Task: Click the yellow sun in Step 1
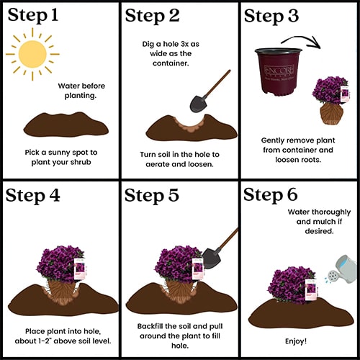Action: [x=32, y=54]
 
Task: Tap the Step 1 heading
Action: [x=33, y=16]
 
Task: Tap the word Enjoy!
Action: [x=296, y=341]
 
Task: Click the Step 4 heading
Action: [x=33, y=196]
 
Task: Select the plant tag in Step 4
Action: [x=80, y=269]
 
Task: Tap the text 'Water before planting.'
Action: [x=81, y=91]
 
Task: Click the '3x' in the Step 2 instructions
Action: [x=185, y=44]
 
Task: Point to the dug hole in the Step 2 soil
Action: [x=190, y=125]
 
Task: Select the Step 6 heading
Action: [x=271, y=194]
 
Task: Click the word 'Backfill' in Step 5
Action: [x=150, y=326]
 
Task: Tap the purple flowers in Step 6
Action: [x=290, y=284]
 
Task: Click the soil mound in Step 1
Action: [x=66, y=125]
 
